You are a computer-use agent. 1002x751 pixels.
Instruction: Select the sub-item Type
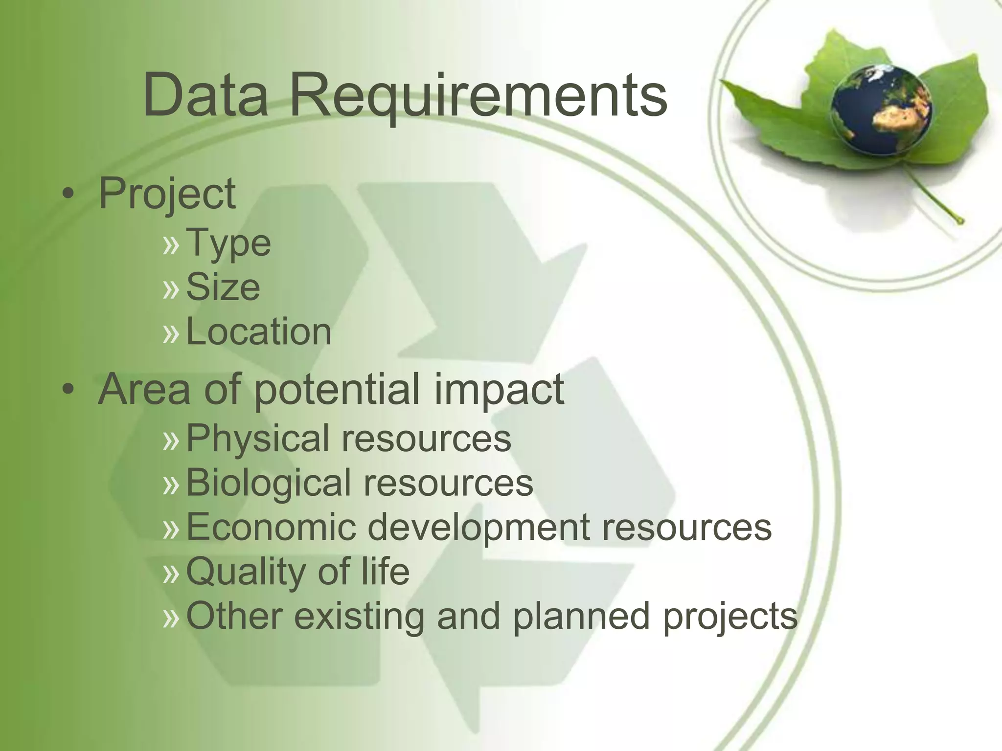(x=228, y=243)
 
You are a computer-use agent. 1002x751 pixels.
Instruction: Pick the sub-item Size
(x=223, y=287)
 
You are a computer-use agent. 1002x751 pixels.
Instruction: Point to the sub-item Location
(x=259, y=331)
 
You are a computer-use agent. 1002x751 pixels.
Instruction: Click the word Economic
(x=271, y=527)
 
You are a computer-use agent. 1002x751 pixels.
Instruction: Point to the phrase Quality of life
(x=297, y=572)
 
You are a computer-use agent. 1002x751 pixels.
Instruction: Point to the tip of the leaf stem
(x=960, y=221)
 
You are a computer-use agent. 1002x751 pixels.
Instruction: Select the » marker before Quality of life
(x=171, y=573)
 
